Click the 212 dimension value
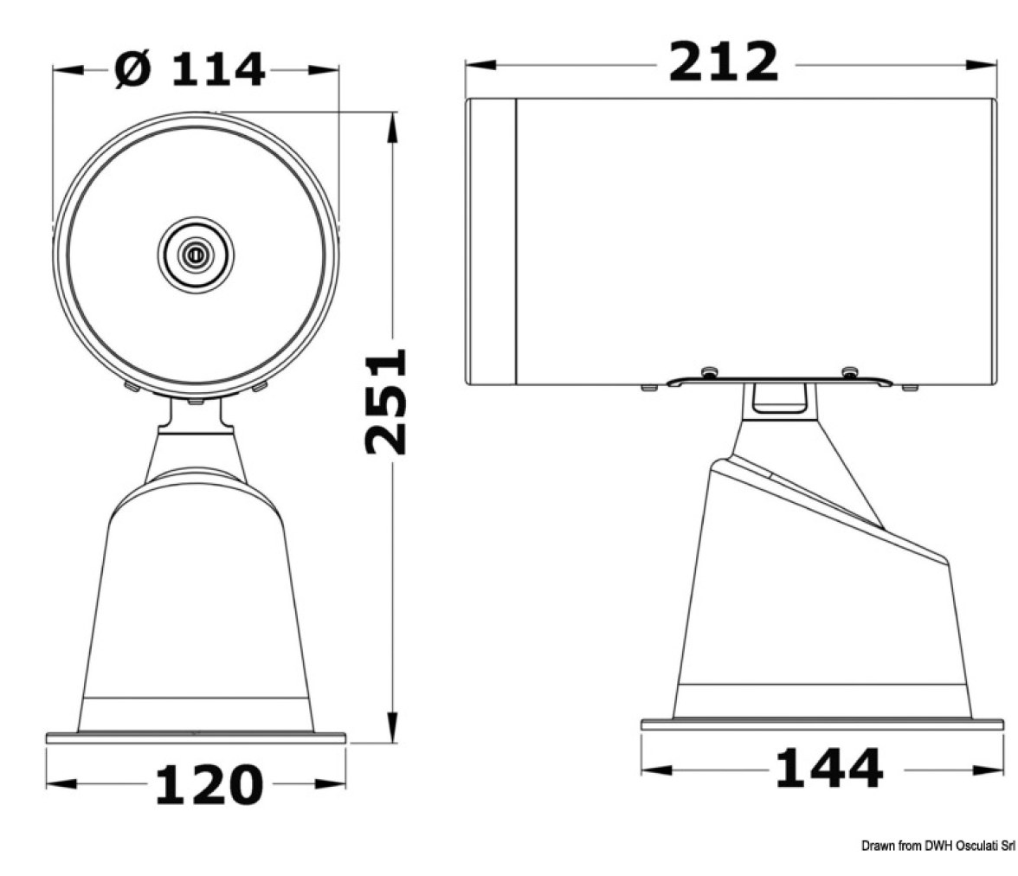[724, 61]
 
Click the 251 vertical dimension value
[386, 402]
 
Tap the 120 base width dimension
[209, 784]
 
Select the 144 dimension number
[829, 768]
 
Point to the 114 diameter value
[218, 69]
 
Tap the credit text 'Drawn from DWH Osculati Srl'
[938, 846]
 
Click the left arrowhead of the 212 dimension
[481, 65]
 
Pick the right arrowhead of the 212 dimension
[980, 65]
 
